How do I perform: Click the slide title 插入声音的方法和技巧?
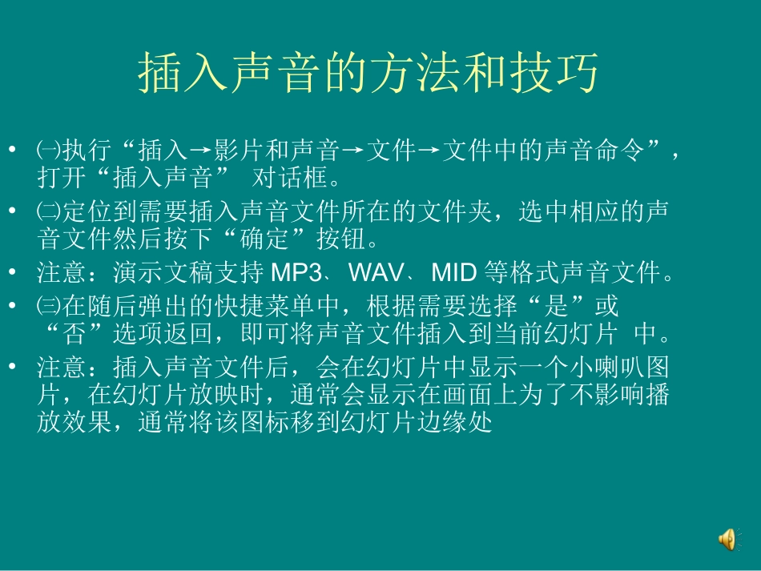pos(368,74)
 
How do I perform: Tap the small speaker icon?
pos(727,541)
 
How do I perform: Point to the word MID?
pos(454,274)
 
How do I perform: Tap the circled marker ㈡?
pos(48,212)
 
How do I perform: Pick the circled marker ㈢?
pos(48,306)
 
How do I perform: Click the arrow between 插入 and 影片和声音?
pos(201,151)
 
